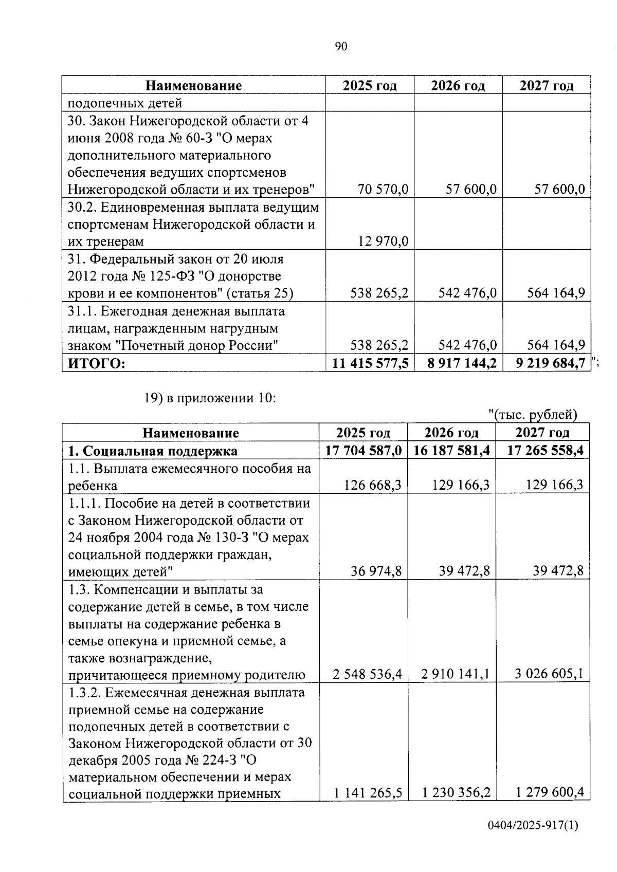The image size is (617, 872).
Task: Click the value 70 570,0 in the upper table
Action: [x=383, y=190]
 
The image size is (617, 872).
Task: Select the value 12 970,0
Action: [x=383, y=242]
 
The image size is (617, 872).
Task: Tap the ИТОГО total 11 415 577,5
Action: [x=370, y=363]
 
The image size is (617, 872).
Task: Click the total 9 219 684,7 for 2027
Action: [x=551, y=363]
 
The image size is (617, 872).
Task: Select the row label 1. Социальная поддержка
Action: [x=153, y=451]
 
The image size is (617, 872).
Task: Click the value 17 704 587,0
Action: [x=364, y=451]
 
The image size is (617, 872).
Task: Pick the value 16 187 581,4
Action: [x=451, y=451]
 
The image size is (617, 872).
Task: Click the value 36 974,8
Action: [x=376, y=571]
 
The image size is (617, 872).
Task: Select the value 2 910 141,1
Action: [x=455, y=674]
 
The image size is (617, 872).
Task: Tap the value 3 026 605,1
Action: [x=549, y=674]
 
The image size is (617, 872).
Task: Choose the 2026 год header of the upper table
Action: [x=458, y=85]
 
